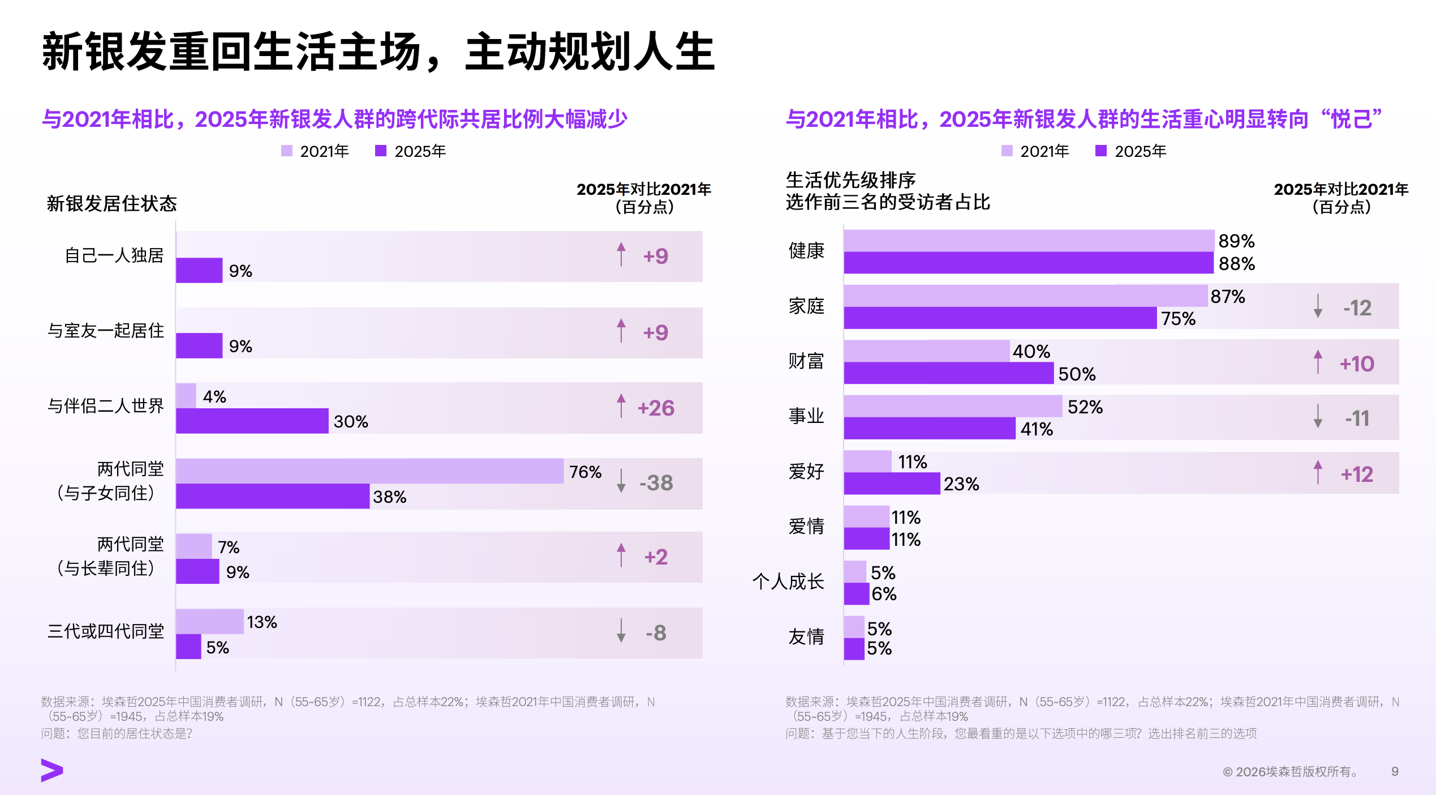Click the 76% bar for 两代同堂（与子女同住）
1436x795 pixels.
point(370,471)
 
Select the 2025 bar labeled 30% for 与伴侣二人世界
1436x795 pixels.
point(252,421)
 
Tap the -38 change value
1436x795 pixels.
point(656,483)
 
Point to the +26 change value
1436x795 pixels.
point(656,408)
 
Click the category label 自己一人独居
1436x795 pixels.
point(114,255)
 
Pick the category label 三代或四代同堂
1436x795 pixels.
point(106,631)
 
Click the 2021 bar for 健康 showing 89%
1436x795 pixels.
point(1029,241)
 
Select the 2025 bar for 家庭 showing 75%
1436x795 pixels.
point(1000,318)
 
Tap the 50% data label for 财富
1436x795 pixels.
point(1077,374)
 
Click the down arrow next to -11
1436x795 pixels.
point(1318,416)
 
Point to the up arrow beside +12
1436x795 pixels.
point(1318,472)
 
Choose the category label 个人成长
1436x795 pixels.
point(788,582)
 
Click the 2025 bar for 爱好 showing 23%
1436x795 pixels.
point(892,484)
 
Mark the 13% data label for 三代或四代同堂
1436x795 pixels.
point(262,622)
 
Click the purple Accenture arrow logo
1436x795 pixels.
point(52,771)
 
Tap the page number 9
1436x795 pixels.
point(1395,771)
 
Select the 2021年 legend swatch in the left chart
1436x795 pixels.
point(287,151)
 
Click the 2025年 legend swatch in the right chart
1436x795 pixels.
point(1101,151)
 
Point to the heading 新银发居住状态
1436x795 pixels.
point(112,203)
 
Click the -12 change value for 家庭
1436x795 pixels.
point(1357,308)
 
